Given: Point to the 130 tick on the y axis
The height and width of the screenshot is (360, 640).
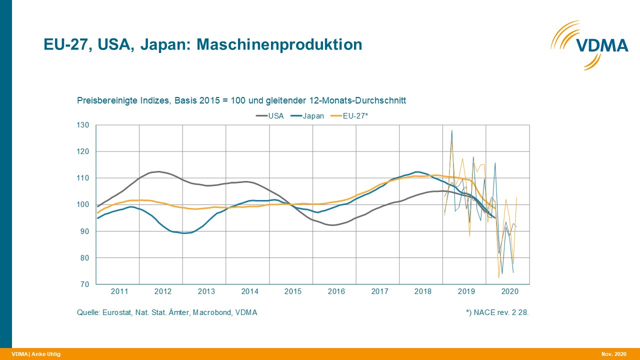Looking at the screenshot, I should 83,125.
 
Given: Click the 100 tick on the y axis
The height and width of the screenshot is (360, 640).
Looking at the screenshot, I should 83,204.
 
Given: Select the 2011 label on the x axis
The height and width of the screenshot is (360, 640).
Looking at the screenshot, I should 119,291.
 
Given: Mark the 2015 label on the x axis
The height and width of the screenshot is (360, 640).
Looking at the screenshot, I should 293,291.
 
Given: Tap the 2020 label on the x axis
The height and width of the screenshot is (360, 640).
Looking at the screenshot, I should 509,291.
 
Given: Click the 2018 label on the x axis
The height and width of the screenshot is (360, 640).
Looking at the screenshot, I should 423,291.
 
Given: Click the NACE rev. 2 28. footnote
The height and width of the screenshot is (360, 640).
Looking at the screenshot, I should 497,312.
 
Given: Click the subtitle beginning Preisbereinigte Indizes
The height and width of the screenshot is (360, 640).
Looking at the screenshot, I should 241,100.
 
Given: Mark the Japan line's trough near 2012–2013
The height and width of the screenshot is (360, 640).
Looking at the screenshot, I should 185,233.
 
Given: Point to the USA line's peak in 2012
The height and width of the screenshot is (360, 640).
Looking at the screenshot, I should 158,171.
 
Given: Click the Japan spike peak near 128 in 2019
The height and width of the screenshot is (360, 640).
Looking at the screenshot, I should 451,130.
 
